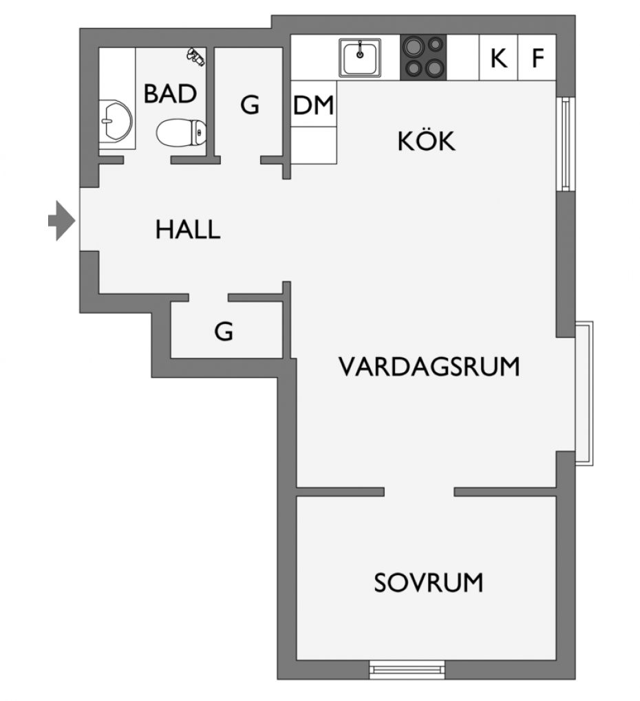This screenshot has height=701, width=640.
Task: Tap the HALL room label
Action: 188,229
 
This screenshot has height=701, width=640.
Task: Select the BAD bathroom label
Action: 170,94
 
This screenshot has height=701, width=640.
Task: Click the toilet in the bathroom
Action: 181,132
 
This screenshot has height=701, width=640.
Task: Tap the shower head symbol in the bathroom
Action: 195,56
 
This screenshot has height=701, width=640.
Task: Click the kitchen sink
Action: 360,58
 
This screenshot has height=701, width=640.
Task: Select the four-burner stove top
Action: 423,57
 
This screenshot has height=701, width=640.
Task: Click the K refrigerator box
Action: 499,57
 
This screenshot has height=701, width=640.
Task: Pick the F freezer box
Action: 537,57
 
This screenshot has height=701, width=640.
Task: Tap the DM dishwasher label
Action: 313,105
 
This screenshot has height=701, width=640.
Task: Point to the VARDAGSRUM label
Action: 429,367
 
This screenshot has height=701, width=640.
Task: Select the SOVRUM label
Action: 429,583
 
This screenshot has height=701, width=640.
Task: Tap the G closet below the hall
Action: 226,330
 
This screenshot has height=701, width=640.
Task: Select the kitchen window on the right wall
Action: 566,144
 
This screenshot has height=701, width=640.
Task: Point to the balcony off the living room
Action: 584,393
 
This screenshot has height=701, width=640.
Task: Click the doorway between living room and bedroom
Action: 419,492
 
